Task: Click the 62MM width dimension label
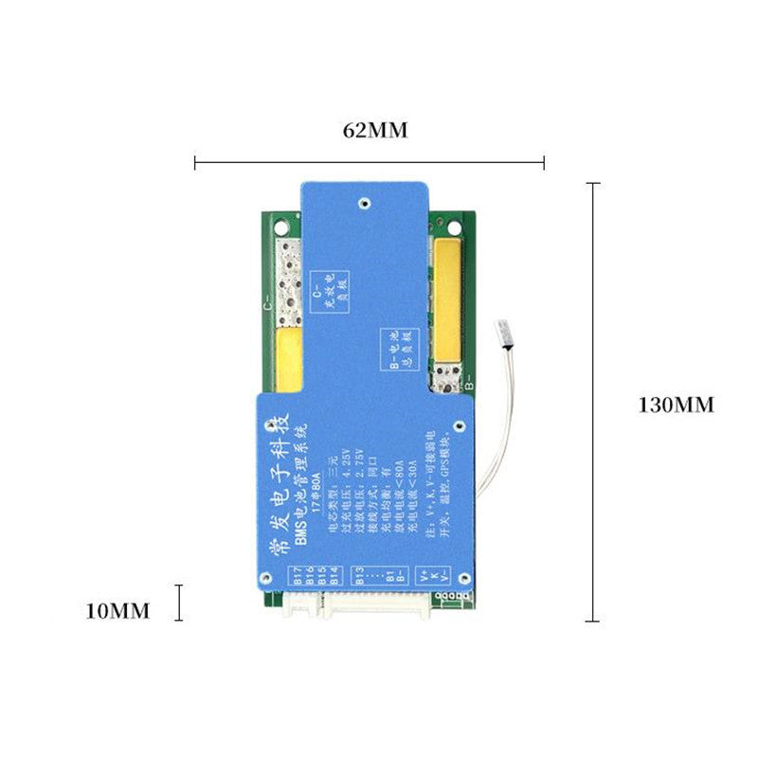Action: coord(375,131)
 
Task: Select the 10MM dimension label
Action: coord(117,611)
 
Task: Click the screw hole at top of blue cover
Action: coord(363,202)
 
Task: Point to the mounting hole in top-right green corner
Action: coord(453,226)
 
